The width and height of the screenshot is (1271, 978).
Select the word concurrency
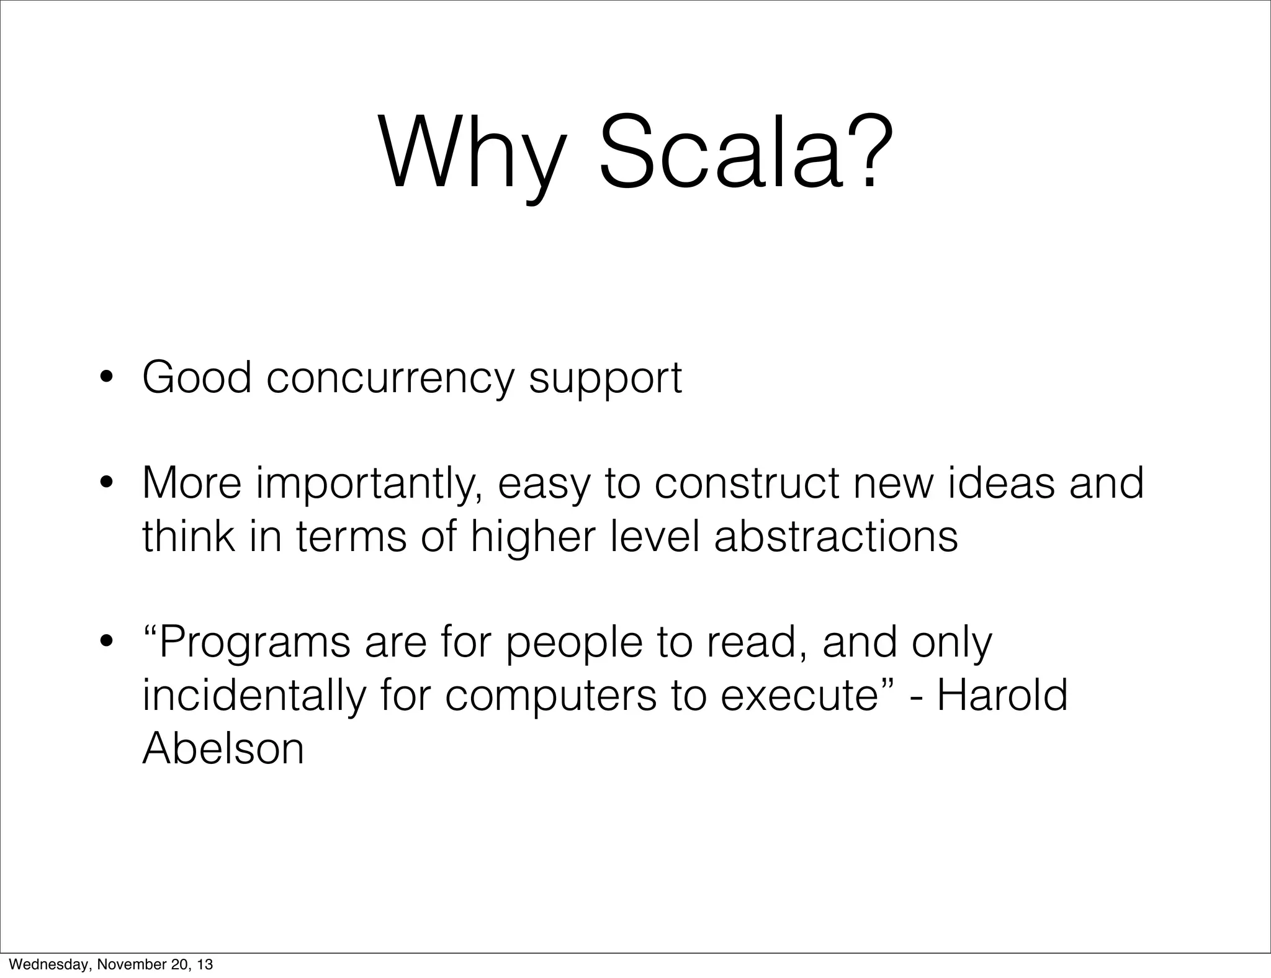coord(390,379)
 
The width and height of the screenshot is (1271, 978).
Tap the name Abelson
coord(223,748)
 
